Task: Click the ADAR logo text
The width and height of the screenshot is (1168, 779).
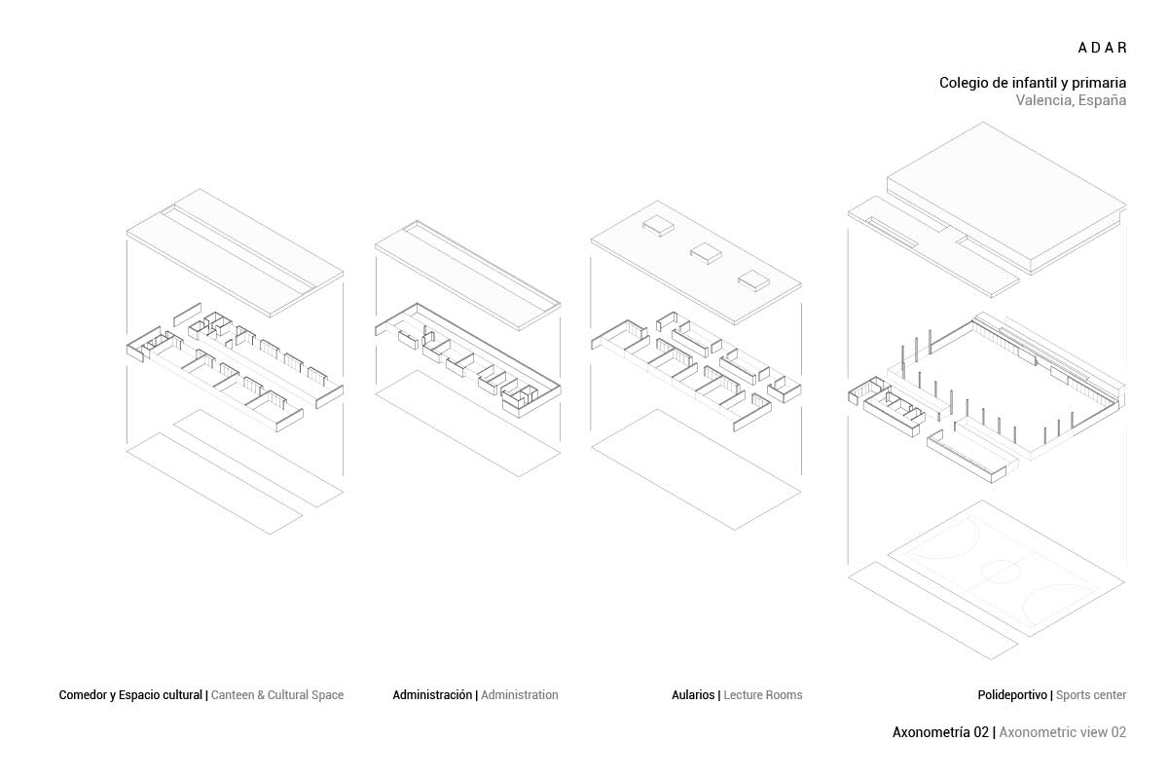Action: click(x=1102, y=48)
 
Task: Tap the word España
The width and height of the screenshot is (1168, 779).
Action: click(x=1103, y=100)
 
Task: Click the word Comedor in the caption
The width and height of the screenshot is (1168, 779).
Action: click(x=83, y=695)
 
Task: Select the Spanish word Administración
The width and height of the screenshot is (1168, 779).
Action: click(x=432, y=695)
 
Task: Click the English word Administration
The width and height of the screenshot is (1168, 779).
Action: click(x=520, y=695)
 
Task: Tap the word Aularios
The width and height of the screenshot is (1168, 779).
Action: click(x=693, y=695)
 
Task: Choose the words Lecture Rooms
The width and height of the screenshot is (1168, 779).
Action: click(x=763, y=695)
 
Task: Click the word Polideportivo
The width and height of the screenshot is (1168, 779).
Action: click(x=1012, y=695)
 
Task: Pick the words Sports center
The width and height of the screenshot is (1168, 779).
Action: click(x=1091, y=695)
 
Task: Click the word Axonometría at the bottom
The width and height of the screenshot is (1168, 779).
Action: click(x=932, y=732)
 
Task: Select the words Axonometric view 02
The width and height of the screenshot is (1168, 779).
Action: click(x=1063, y=732)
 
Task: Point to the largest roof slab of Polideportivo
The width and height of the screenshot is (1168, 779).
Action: click(x=1007, y=195)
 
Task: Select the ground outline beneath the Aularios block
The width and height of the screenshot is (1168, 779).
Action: click(x=696, y=467)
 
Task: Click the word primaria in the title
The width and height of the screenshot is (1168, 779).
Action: click(x=1095, y=83)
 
